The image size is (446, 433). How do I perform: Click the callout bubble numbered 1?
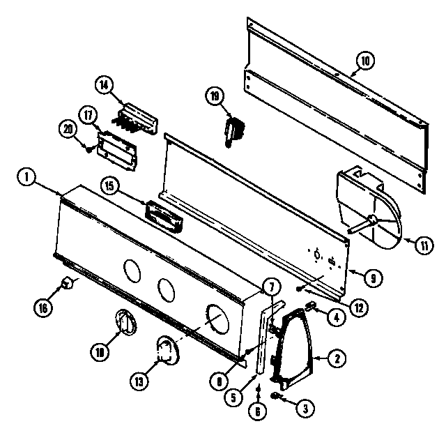coord(26,178)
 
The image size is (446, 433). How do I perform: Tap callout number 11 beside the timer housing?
coord(424,244)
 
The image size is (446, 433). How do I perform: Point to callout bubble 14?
coord(103,85)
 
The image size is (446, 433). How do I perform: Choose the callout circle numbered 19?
coord(213,96)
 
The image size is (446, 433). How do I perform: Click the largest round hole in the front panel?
coord(222,319)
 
